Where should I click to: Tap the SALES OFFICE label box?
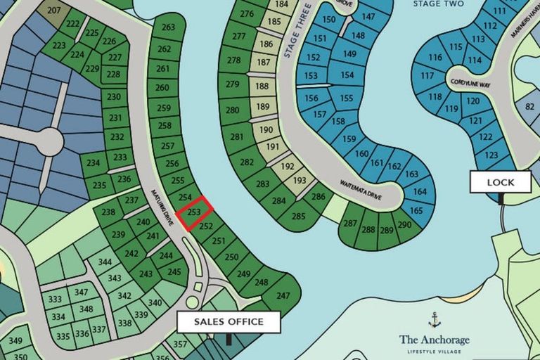tap(229, 322)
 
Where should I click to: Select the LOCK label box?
tap(501, 182)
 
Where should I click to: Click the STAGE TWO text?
tap(438, 4)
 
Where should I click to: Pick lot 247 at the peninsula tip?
tap(282, 296)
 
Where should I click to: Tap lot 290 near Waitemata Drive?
tap(404, 224)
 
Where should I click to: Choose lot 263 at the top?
tap(167, 27)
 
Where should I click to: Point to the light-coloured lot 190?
tap(266, 130)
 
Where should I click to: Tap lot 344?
tap(105, 262)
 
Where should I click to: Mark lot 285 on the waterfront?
tap(298, 216)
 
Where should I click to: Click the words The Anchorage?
tap(435, 340)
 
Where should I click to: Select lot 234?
tap(94, 163)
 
